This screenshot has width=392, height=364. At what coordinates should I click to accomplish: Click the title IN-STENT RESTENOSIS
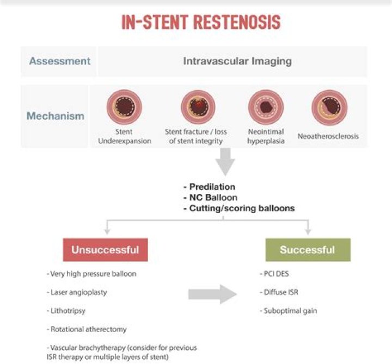(x=201, y=22)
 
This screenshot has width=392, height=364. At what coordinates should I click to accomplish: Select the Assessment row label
(x=60, y=61)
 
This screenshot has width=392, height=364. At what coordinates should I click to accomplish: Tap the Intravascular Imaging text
(x=237, y=61)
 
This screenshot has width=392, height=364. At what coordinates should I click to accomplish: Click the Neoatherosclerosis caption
(x=328, y=136)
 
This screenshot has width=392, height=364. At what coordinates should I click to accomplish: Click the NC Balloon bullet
(x=210, y=197)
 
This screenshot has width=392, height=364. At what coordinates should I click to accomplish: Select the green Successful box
(x=308, y=250)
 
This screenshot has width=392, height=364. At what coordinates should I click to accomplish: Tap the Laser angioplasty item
(x=78, y=292)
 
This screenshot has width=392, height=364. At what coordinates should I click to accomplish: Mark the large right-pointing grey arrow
(x=213, y=294)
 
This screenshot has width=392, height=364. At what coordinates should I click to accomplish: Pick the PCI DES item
(x=277, y=274)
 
